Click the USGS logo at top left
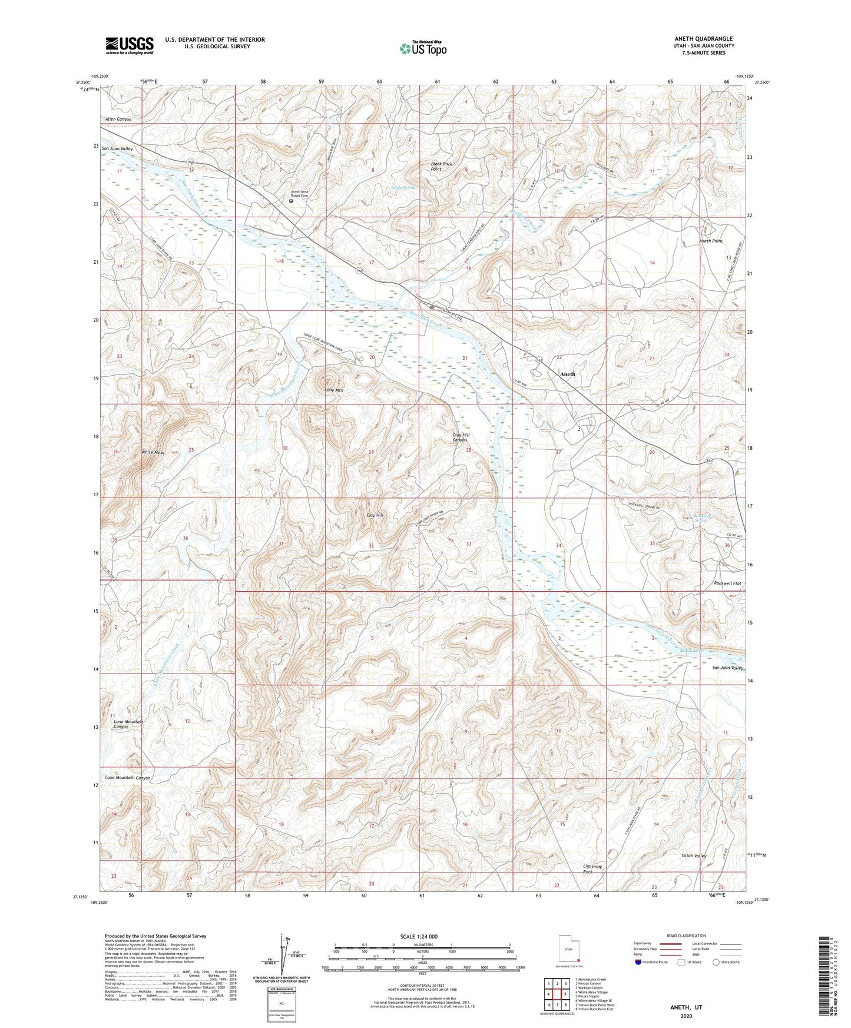130,45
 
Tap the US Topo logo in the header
422,48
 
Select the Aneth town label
568,374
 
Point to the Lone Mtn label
334,390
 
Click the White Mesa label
153,452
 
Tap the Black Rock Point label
441,166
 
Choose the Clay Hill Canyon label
460,437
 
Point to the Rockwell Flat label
727,583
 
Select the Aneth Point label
710,241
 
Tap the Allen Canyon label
118,120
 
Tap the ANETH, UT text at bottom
686,1007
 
